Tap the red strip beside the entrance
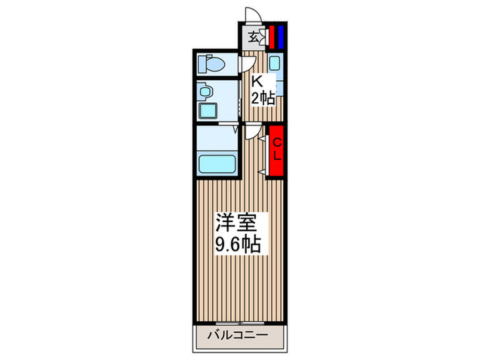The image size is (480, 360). [271, 36]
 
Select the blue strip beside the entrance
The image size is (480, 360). [280, 36]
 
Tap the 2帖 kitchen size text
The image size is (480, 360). [263, 99]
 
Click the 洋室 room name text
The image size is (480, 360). [237, 224]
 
